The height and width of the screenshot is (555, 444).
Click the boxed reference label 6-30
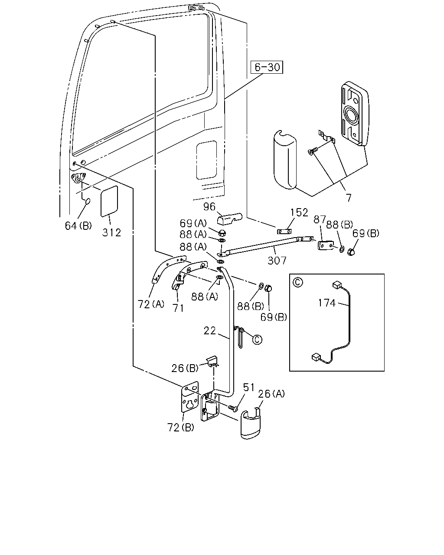pos(267,67)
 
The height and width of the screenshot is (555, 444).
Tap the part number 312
pos(111,233)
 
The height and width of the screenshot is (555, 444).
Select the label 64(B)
pos(78,226)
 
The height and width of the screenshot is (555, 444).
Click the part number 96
pos(209,206)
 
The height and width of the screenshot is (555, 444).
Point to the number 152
pos(299,212)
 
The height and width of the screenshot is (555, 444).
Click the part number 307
pos(277,261)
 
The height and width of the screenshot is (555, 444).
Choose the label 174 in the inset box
pos(327,303)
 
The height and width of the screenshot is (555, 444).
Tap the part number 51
pos(249,387)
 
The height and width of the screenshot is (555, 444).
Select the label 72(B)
pos(181,428)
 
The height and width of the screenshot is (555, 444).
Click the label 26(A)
pos(271,394)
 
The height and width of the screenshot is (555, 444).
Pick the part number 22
pos(209,331)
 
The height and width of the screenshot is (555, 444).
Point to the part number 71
pos(179,308)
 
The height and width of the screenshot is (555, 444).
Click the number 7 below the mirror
pos(348,198)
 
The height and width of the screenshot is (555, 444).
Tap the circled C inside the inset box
pos(298,282)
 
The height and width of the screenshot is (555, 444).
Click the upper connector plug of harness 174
pos(336,284)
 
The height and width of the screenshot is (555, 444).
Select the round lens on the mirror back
pos(351,114)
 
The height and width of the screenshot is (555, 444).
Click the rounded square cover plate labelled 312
pos(109,201)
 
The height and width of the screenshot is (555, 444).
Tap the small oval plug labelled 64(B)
pos(88,201)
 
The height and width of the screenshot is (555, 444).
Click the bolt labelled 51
pos(233,408)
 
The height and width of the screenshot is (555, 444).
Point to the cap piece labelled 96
pos(229,219)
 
